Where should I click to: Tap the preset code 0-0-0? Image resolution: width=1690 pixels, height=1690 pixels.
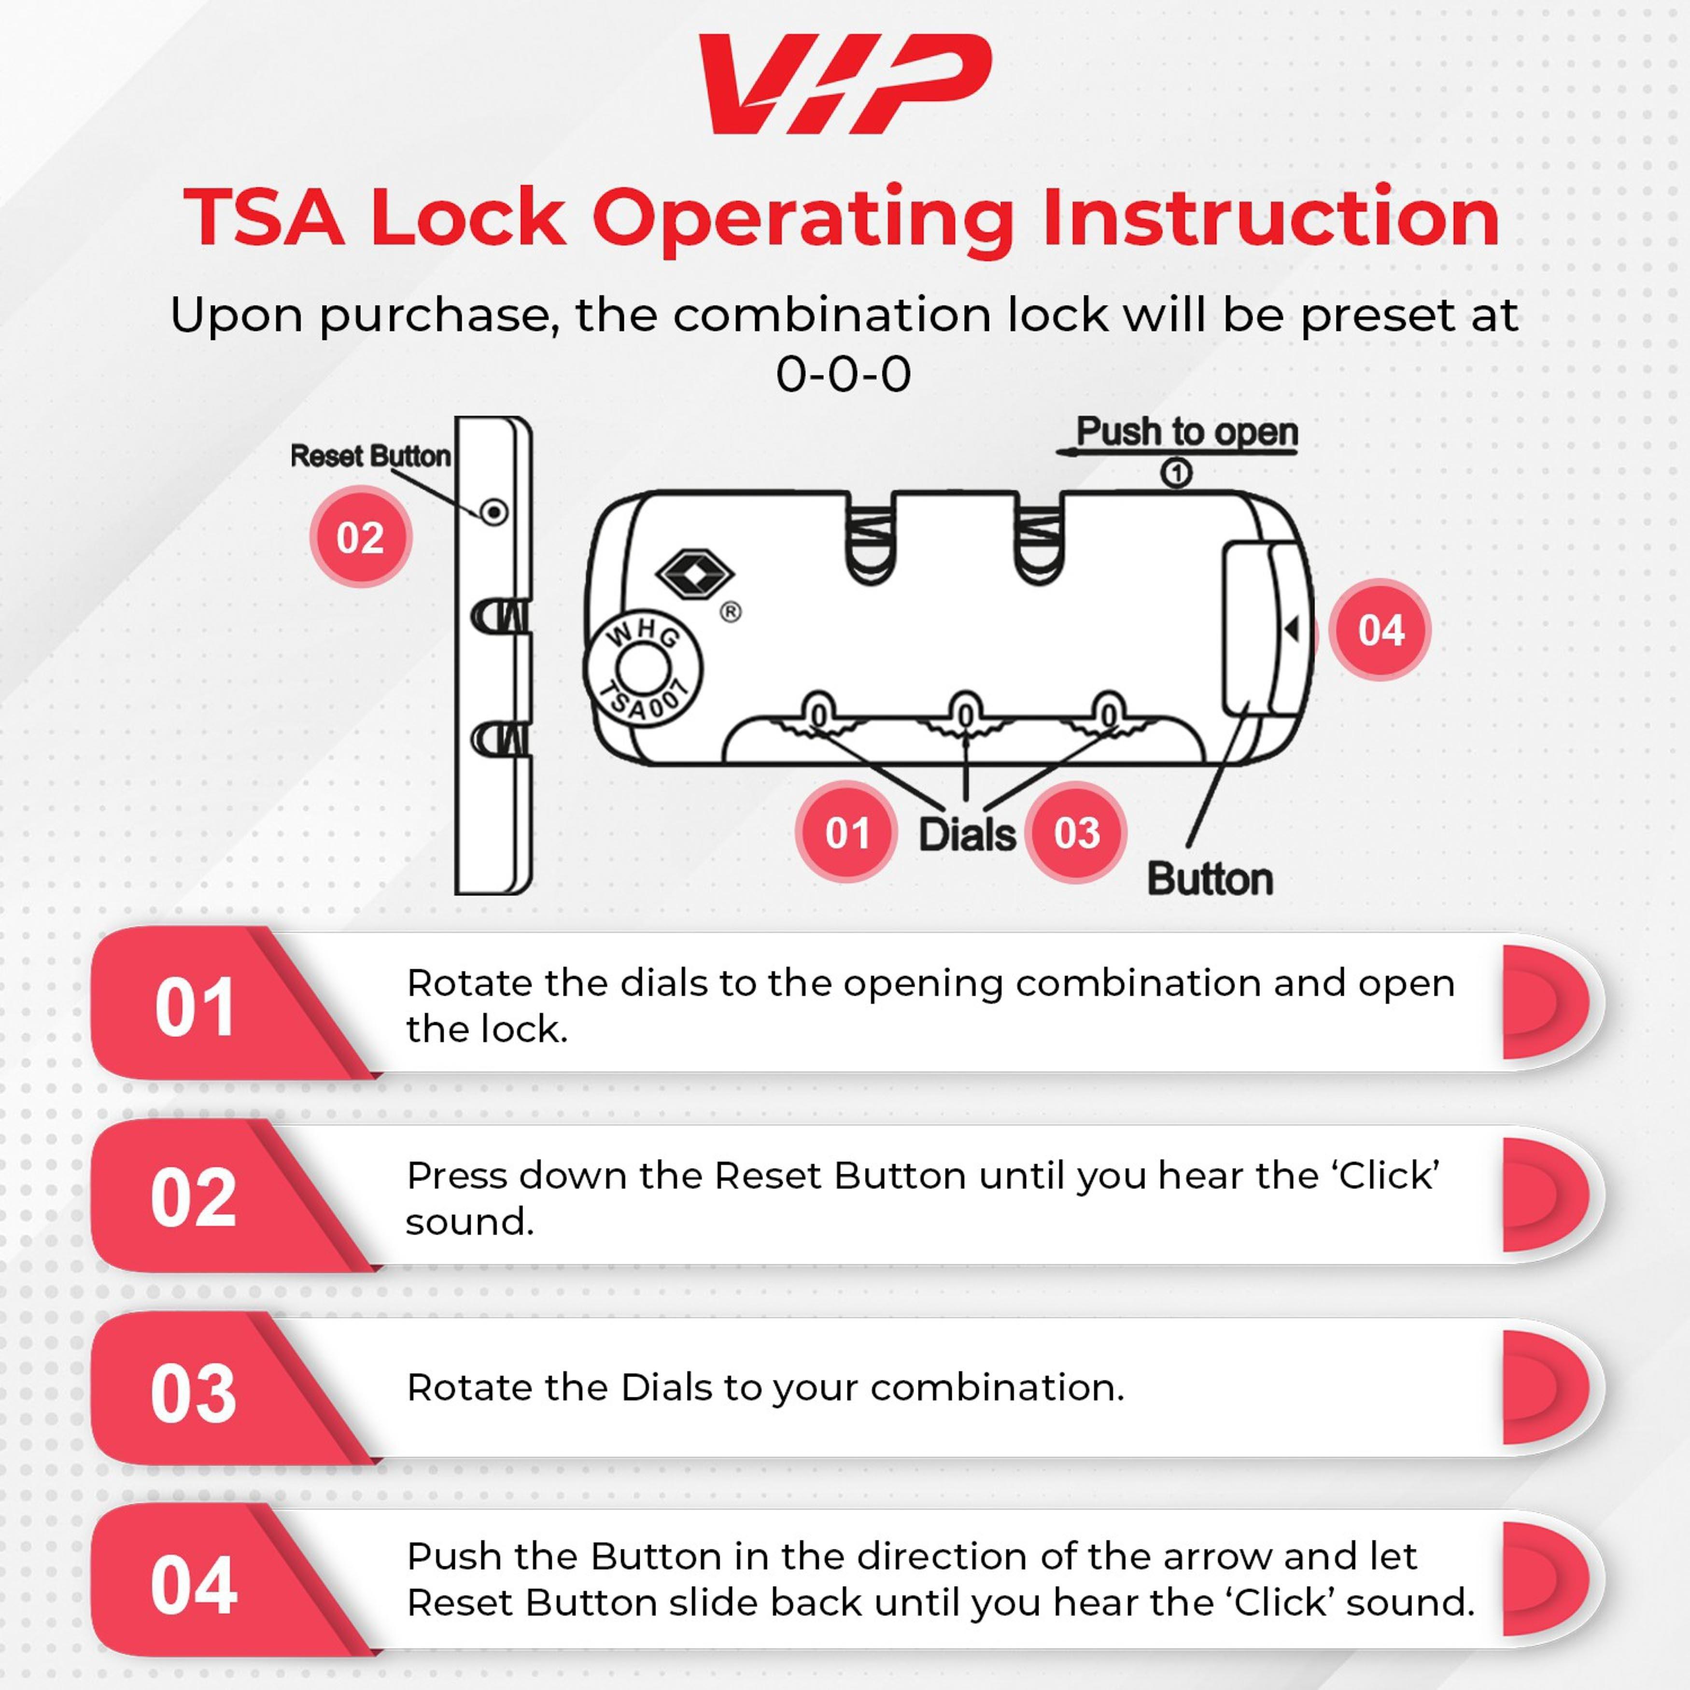click(843, 374)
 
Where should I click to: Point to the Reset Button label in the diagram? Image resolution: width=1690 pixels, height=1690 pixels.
click(370, 456)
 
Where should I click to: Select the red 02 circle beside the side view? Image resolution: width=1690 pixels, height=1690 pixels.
click(360, 537)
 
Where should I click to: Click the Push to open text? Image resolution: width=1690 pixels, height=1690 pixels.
click(1186, 431)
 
